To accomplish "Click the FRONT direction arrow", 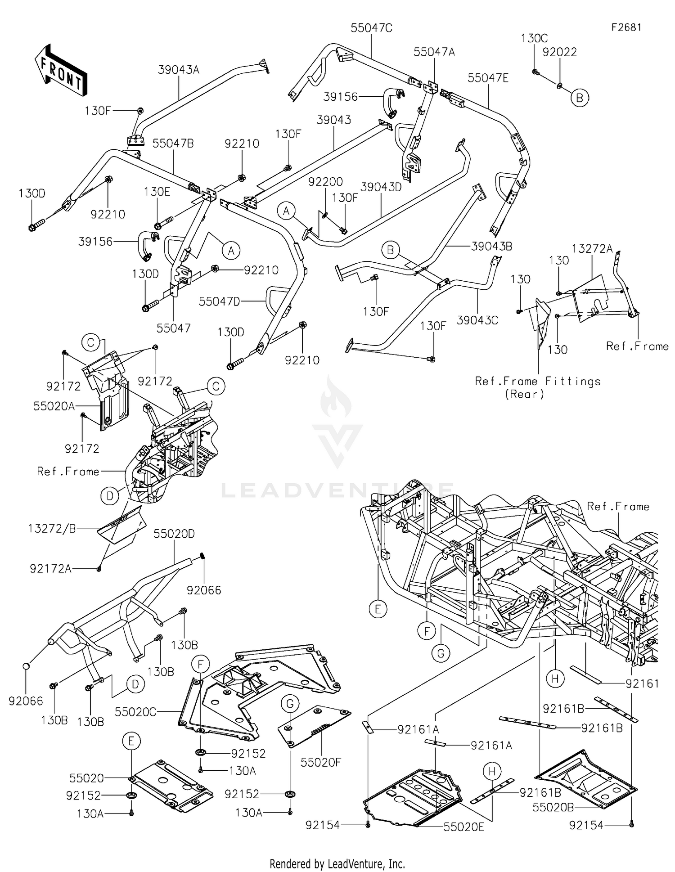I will click(x=61, y=69).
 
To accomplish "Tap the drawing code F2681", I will click(x=625, y=27).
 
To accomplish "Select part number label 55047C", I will click(x=371, y=28).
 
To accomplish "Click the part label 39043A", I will click(x=178, y=70).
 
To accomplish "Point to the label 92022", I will click(x=559, y=52).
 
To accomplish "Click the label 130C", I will click(x=534, y=38).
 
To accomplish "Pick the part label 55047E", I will click(x=488, y=78).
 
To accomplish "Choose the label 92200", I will click(x=325, y=182).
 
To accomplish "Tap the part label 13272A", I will click(x=592, y=248).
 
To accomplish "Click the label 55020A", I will click(x=54, y=406).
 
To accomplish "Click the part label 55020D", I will click(x=174, y=534).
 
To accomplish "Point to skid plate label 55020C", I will click(x=135, y=712).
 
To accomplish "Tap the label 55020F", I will click(x=320, y=762).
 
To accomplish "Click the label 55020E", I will click(x=463, y=827).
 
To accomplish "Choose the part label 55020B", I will click(x=553, y=808).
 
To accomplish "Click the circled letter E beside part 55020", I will click(x=131, y=741).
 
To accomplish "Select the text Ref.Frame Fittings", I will click(x=538, y=382).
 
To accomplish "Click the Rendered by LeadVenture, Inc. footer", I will click(x=337, y=863).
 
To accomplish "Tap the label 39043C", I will click(x=477, y=320).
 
